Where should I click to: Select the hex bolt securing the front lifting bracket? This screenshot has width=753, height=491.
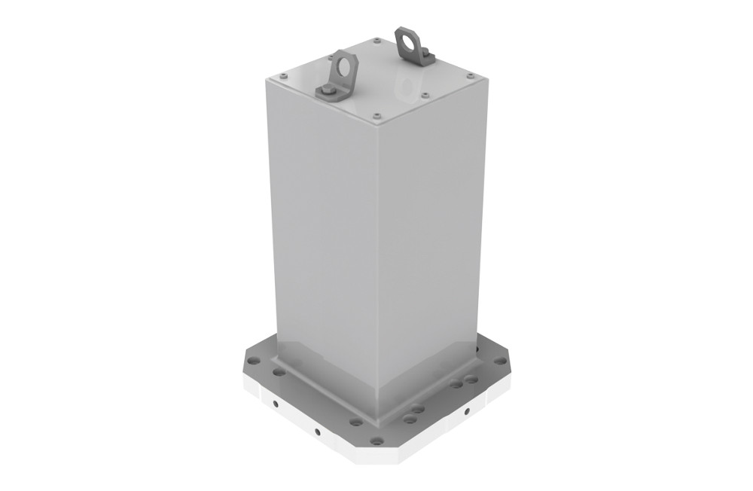pyautogui.click(x=326, y=91)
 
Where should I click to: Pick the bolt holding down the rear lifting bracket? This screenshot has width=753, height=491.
pyautogui.click(x=423, y=52)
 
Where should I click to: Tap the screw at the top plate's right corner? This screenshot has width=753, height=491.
pyautogui.click(x=471, y=76)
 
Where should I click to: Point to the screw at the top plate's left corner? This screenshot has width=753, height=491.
pyautogui.click(x=282, y=76)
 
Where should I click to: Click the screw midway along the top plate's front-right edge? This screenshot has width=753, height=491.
pyautogui.click(x=425, y=96)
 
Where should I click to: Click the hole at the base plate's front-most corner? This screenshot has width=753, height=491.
pyautogui.click(x=376, y=441)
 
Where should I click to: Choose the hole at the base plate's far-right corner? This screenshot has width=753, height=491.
pyautogui.click(x=500, y=361)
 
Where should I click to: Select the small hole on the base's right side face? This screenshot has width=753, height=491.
pyautogui.click(x=467, y=411)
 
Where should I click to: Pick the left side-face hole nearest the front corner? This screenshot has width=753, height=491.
pyautogui.click(x=317, y=432)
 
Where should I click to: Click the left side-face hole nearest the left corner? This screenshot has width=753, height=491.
pyautogui.click(x=276, y=404)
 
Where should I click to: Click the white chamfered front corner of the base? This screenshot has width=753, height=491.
pyautogui.click(x=376, y=456)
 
